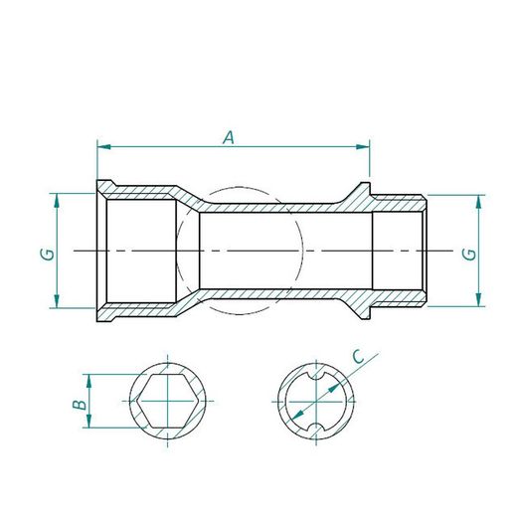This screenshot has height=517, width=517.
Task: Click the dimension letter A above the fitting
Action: tap(228, 138)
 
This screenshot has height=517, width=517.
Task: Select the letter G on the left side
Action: tap(46, 254)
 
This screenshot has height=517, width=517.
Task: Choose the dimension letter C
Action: tap(359, 355)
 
